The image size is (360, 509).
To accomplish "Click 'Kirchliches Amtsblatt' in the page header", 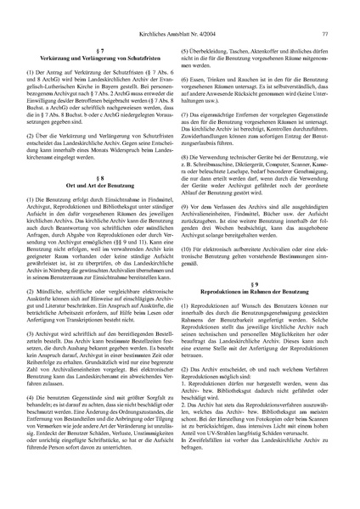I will (x=135, y=10).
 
